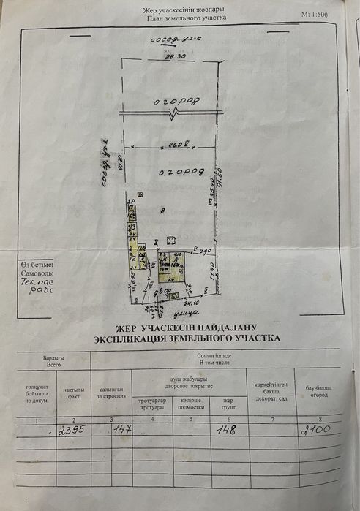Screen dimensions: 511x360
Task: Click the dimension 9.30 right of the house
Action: click(x=206, y=251)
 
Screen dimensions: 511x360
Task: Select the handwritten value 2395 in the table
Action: click(x=72, y=430)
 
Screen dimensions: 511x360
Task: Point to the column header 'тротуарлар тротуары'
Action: click(x=152, y=404)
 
